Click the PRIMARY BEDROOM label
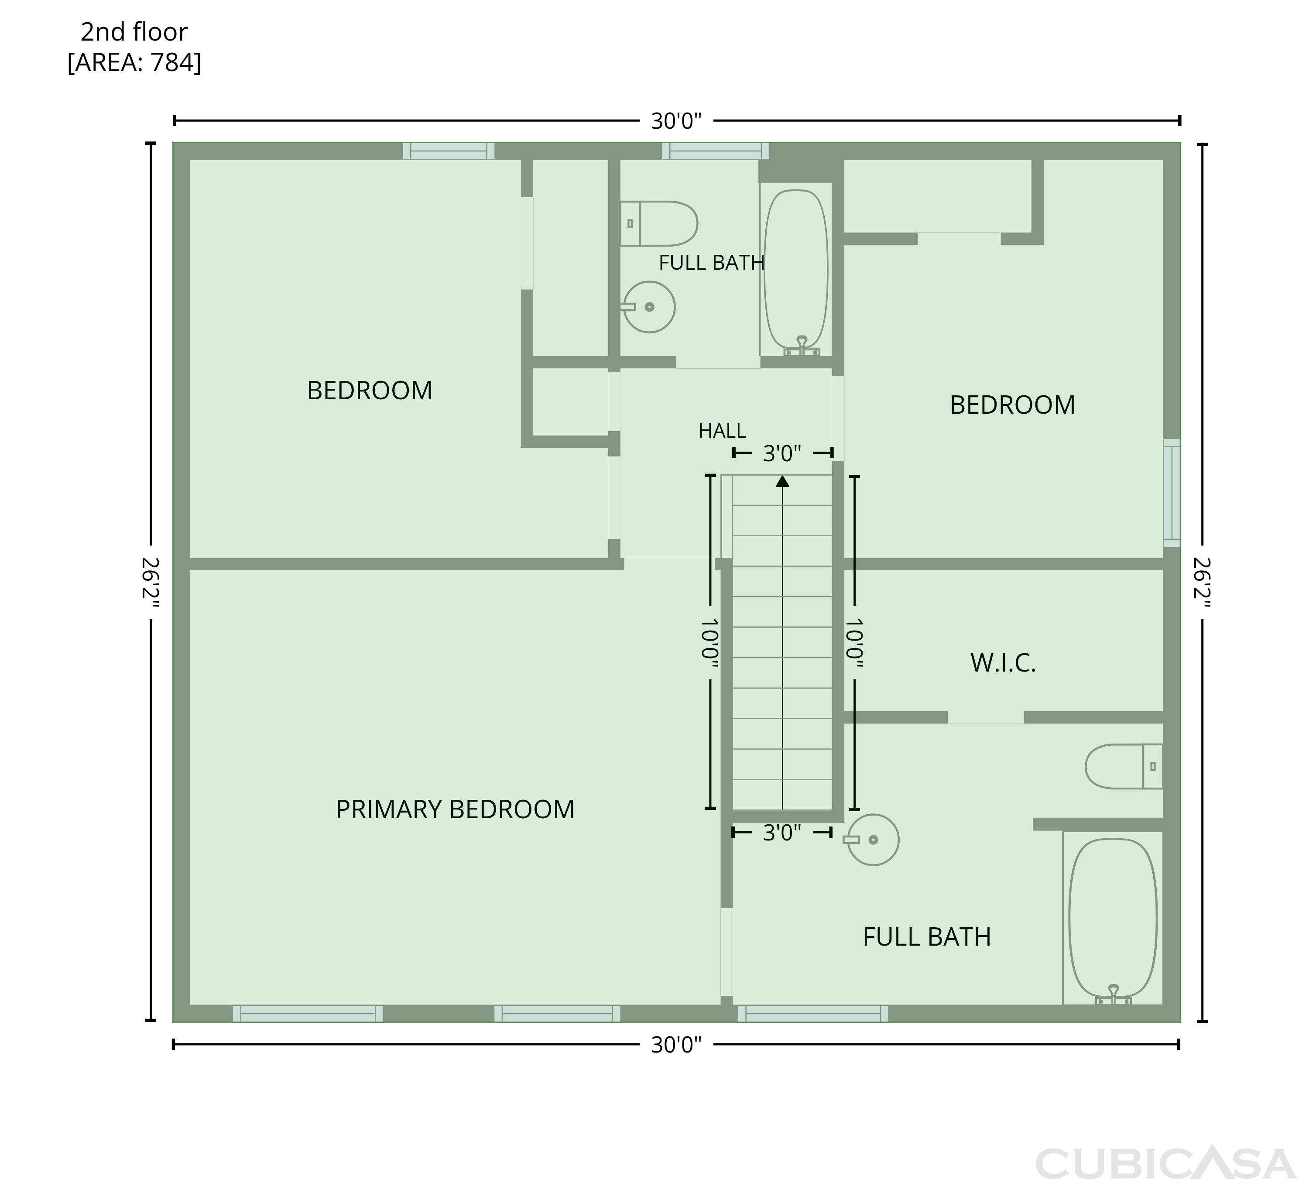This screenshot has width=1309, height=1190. coord(455,809)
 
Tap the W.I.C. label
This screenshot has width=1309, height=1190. coord(1003,663)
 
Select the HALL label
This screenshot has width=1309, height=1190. coord(722,431)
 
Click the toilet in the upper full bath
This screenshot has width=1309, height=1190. coord(658,223)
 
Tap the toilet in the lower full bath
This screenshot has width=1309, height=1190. coord(1124,766)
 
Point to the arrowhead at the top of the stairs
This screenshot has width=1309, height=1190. coord(782,481)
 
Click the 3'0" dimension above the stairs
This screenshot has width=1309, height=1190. coord(782,453)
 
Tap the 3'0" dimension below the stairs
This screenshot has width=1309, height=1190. coord(782,832)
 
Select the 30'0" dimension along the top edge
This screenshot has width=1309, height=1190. coord(677,121)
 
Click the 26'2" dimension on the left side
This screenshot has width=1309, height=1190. coord(151,582)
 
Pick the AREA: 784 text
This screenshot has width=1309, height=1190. coord(134,63)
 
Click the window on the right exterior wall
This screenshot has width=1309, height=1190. coord(1172,493)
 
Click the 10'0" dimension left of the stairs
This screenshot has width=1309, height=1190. coord(709,642)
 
